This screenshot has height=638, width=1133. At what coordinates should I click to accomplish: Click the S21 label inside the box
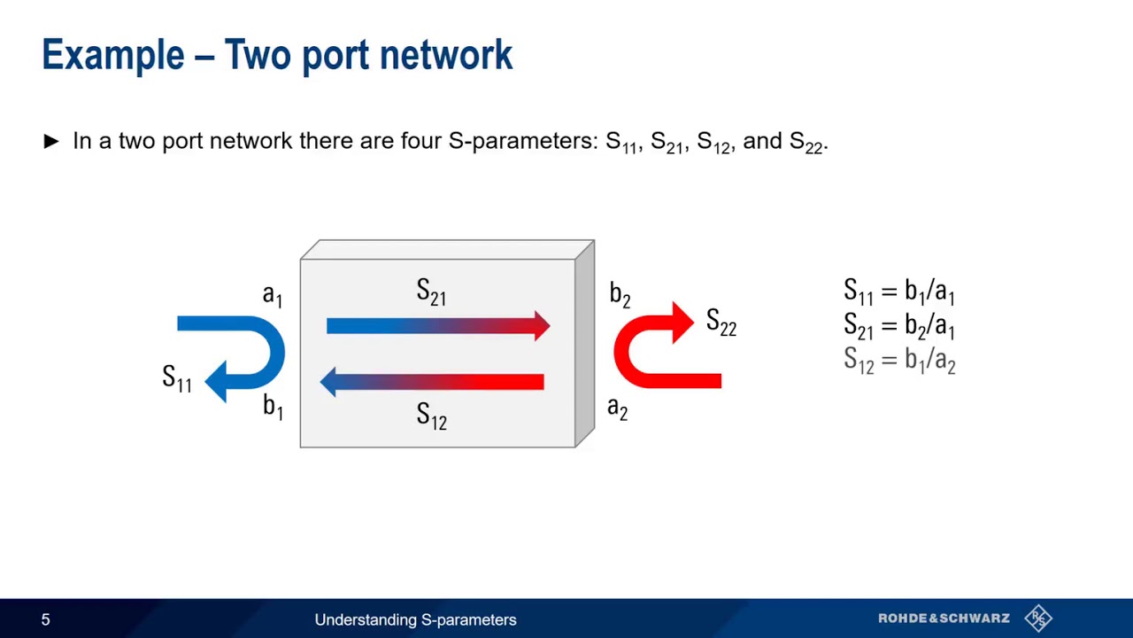(x=431, y=292)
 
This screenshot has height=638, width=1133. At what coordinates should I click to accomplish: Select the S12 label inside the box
(x=431, y=416)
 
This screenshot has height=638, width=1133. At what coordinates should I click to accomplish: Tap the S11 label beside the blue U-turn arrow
(x=177, y=378)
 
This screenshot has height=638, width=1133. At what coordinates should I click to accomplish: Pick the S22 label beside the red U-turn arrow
(x=721, y=323)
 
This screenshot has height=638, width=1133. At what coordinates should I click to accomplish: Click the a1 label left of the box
(x=273, y=295)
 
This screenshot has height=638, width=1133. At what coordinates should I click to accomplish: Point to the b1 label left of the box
(x=273, y=407)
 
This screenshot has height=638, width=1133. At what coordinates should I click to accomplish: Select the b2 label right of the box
(x=620, y=295)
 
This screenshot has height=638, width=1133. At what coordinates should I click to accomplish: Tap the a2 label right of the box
(x=617, y=408)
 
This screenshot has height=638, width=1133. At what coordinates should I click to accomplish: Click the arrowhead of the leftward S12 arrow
(x=330, y=382)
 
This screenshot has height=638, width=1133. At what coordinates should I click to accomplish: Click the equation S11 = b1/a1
(x=898, y=292)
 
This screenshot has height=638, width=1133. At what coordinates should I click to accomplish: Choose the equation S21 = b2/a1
(x=898, y=326)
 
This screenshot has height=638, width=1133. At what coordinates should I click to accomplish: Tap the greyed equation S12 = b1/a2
(x=898, y=361)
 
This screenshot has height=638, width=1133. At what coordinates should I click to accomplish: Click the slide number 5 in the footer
(x=46, y=620)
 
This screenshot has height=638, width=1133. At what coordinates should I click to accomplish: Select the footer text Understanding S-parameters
(x=415, y=620)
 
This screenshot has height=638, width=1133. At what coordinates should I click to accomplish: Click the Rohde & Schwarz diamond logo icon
(x=1038, y=619)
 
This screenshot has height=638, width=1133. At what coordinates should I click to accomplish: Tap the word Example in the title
(x=112, y=55)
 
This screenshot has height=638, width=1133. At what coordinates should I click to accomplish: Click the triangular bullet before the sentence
(x=51, y=141)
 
